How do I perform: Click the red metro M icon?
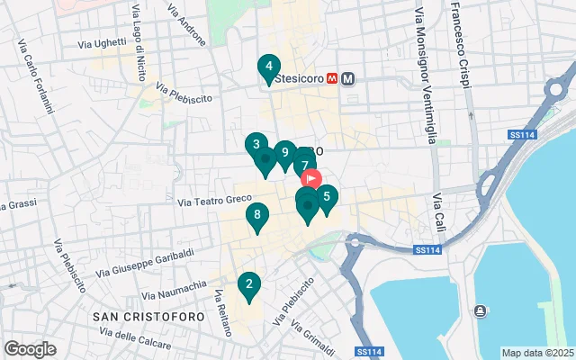332,79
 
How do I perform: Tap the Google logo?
30,348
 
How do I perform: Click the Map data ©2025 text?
537,353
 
